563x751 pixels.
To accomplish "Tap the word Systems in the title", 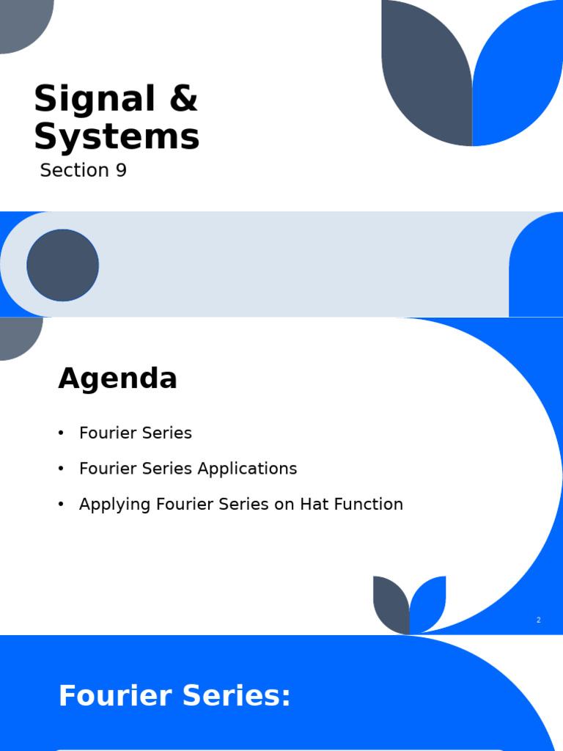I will [x=117, y=137].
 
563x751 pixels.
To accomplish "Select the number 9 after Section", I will [x=120, y=171].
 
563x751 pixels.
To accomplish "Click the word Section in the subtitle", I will [x=74, y=171].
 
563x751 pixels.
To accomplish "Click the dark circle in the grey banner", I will [x=63, y=265].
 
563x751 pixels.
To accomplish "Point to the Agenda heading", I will [x=117, y=379].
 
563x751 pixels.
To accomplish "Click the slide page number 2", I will [x=539, y=620].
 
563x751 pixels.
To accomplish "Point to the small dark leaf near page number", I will [x=391, y=604].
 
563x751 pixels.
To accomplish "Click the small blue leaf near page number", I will [x=429, y=603].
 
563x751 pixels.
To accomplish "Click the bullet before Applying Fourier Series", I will [x=62, y=505].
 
